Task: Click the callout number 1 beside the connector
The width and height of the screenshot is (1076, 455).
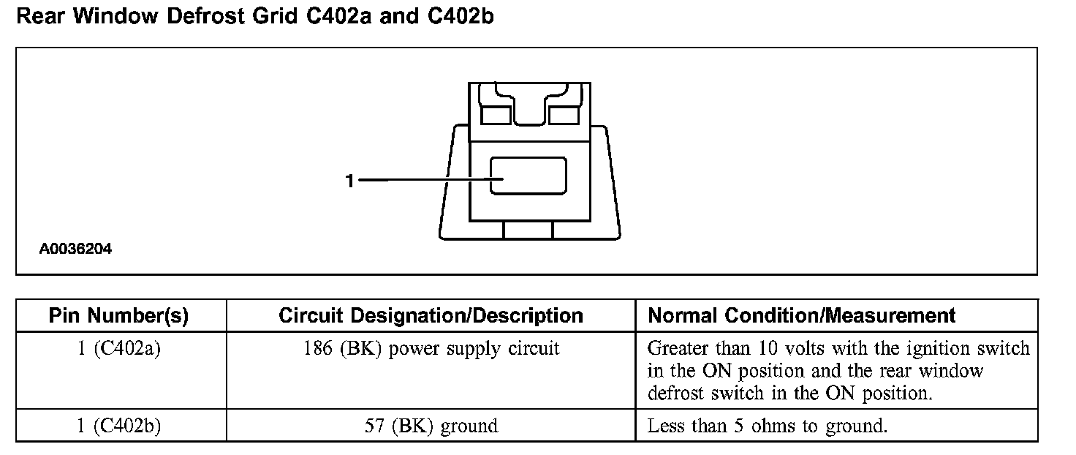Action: (350, 181)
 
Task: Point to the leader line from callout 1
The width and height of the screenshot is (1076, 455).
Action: (424, 179)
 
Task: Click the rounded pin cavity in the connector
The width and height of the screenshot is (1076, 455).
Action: (528, 176)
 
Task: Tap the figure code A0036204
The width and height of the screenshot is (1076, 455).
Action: (75, 249)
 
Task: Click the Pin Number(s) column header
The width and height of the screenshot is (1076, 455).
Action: (118, 316)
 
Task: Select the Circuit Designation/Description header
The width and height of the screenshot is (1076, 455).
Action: (431, 316)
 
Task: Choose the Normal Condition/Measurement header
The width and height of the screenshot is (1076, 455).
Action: (802, 316)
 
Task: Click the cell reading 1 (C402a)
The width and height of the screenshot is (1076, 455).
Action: (119, 349)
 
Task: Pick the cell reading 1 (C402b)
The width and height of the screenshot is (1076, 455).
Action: (119, 426)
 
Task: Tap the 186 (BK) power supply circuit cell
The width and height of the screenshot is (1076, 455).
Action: (431, 349)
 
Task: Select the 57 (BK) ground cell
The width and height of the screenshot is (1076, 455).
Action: (431, 426)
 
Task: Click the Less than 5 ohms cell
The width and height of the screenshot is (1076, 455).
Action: (767, 426)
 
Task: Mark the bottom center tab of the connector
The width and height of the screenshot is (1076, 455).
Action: (528, 230)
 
